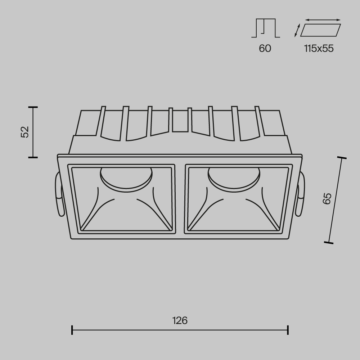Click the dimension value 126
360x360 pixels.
pyautogui.click(x=180, y=320)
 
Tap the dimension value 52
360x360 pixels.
pyautogui.click(x=25, y=132)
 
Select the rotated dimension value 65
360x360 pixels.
pyautogui.click(x=327, y=199)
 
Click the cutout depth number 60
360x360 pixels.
pyautogui.click(x=265, y=48)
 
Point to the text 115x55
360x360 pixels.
pyautogui.click(x=319, y=48)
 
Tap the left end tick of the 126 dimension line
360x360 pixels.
pyautogui.click(x=72, y=330)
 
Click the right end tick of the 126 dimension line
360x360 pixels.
pyautogui.click(x=288, y=330)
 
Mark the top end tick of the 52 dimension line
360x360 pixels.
pyautogui.click(x=33, y=107)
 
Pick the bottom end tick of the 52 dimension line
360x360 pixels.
pyautogui.click(x=33, y=157)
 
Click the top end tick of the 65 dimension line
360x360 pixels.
pyautogui.click(x=341, y=158)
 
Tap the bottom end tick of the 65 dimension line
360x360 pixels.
pyautogui.click(x=328, y=243)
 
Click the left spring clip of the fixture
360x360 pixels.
pyautogui.click(x=59, y=194)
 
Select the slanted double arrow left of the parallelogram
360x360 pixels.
pyautogui.click(x=297, y=30)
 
